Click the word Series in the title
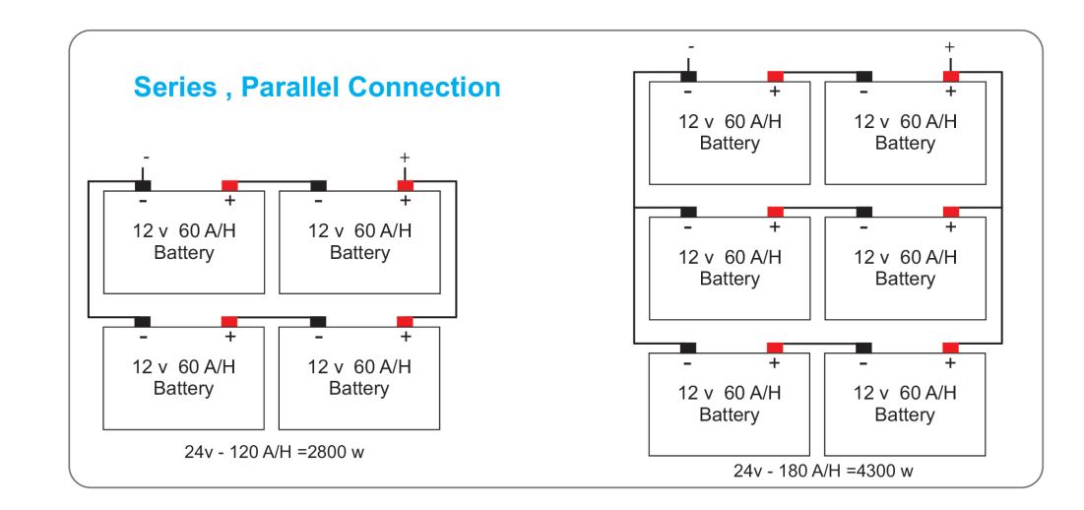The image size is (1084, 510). pyautogui.click(x=173, y=88)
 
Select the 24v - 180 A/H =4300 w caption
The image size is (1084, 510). pyautogui.click(x=822, y=471)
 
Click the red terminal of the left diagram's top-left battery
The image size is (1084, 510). pyautogui.click(x=229, y=185)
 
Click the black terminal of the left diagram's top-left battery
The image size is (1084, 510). pyautogui.click(x=143, y=185)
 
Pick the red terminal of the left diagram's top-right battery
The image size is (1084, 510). pyautogui.click(x=405, y=185)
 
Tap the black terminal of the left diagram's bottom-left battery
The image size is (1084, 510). pyautogui.click(x=143, y=321)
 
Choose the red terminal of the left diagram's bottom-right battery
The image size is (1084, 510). pyautogui.click(x=405, y=321)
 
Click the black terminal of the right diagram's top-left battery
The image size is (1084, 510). pyautogui.click(x=688, y=76)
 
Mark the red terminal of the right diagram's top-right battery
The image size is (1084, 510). pyautogui.click(x=951, y=76)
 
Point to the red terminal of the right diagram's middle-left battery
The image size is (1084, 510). pyautogui.click(x=775, y=212)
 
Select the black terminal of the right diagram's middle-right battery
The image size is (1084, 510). pyautogui.click(x=863, y=212)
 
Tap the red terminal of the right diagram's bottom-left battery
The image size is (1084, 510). pyautogui.click(x=775, y=348)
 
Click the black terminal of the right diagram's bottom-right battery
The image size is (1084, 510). pyautogui.click(x=863, y=348)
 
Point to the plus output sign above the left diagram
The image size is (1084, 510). pyautogui.click(x=405, y=158)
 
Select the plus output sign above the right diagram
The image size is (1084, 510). pyautogui.click(x=950, y=46)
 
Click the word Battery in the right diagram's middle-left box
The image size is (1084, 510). pyautogui.click(x=730, y=279)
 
